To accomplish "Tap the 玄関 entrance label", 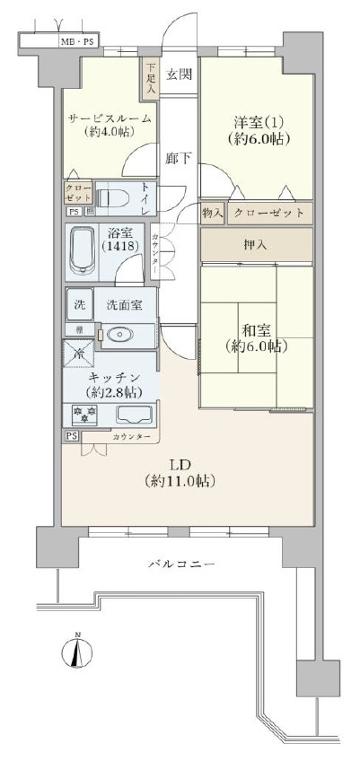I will tap(176, 74).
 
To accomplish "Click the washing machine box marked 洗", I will tap(79, 304).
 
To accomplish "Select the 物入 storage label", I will tap(212, 213).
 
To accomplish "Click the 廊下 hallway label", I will tap(177, 158).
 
